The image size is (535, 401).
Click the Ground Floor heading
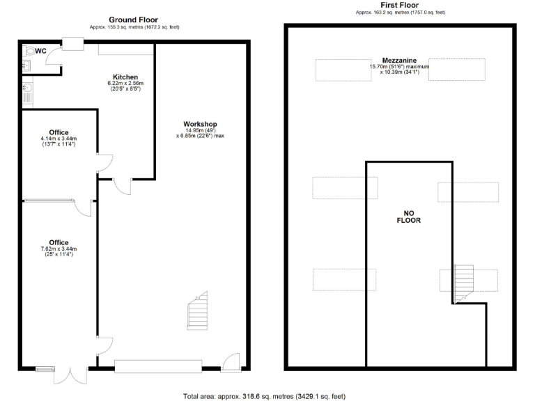[134, 19]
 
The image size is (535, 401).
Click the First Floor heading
[400, 5]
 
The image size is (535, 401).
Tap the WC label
[41, 51]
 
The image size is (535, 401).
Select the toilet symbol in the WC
[29, 51]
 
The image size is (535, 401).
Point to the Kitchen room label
[125, 77]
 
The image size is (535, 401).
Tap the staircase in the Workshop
[198, 311]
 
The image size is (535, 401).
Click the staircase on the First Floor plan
[463, 283]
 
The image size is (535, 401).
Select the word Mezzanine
[400, 60]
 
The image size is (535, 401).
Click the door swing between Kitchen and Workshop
[121, 187]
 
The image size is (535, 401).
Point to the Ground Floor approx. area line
[134, 27]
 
